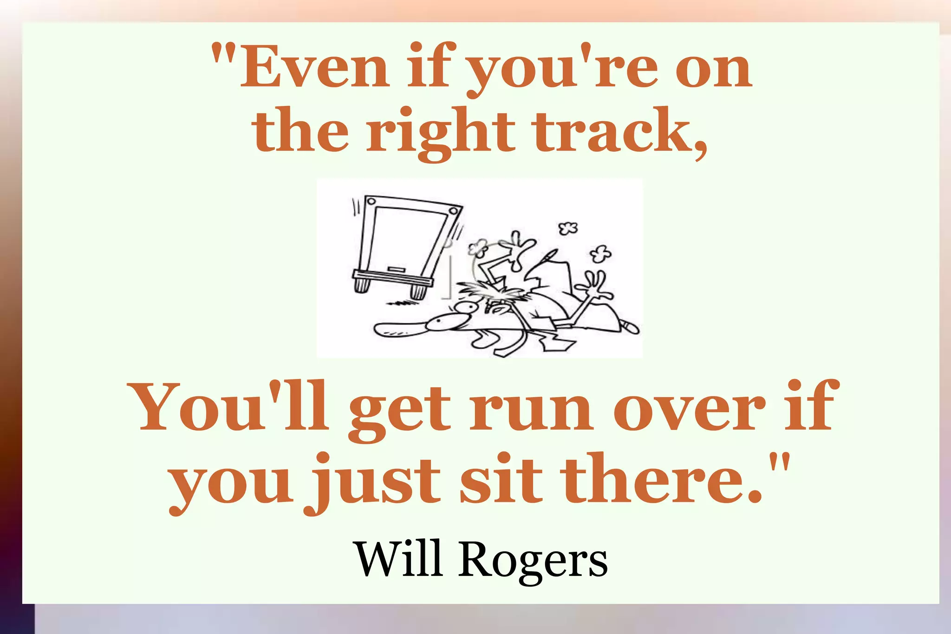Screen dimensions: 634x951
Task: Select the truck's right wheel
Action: click(x=417, y=291)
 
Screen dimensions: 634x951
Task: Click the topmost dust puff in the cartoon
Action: click(x=567, y=228)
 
